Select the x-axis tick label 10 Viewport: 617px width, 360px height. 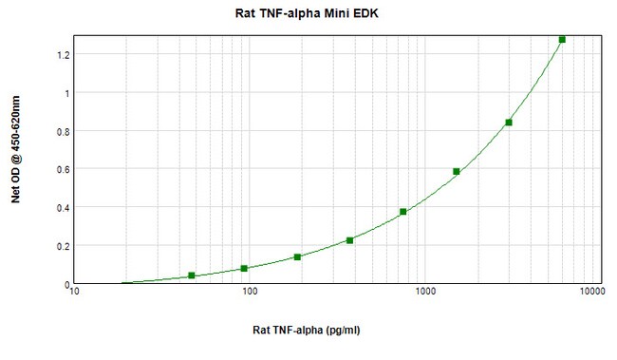coord(75,293)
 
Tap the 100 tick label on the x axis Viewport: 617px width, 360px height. coord(250,293)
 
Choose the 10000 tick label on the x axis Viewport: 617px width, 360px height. coord(594,293)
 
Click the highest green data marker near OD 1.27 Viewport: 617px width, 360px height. coord(562,40)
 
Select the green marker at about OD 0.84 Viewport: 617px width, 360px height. coord(509,123)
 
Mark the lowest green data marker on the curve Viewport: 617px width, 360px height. coord(192,275)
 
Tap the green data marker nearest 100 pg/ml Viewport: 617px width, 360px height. coord(244,269)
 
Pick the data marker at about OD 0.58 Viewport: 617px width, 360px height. coord(457,172)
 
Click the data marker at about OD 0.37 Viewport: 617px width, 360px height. coord(403,212)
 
